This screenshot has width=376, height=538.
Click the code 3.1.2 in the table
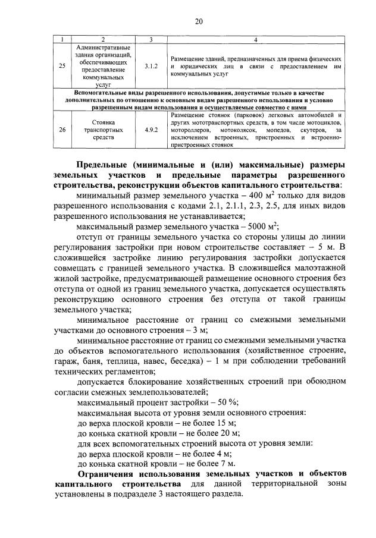[151, 67]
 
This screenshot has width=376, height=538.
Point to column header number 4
[255, 40]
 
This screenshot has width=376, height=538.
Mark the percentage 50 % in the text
[211, 402]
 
